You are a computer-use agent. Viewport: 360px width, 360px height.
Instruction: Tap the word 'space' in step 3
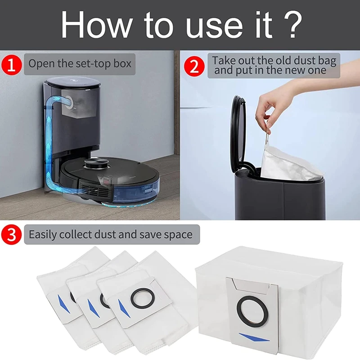tap(177, 234)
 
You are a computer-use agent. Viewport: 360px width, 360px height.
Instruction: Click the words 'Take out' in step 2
tap(233, 60)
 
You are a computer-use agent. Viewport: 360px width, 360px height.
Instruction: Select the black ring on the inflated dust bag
tap(249, 310)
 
